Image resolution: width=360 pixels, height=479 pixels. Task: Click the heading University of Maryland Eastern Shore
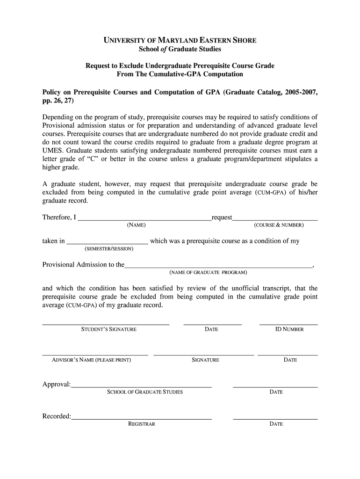pyautogui.click(x=180, y=40)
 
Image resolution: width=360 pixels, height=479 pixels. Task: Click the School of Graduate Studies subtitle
pyautogui.click(x=180, y=49)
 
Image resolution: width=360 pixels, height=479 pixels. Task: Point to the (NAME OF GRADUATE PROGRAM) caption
pyautogui.click(x=208, y=272)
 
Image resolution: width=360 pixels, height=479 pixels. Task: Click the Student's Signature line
pyautogui.click(x=106, y=324)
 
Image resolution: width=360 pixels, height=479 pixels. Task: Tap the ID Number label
pyautogui.click(x=289, y=329)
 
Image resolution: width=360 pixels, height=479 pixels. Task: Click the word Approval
pyautogui.click(x=56, y=385)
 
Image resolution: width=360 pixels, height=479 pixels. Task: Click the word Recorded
pyautogui.click(x=57, y=416)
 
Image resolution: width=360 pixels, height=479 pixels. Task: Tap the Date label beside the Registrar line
pyautogui.click(x=276, y=424)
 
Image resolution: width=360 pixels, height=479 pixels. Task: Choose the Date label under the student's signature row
pyautogui.click(x=211, y=329)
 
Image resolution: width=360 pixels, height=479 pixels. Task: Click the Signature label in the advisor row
pyautogui.click(x=205, y=360)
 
